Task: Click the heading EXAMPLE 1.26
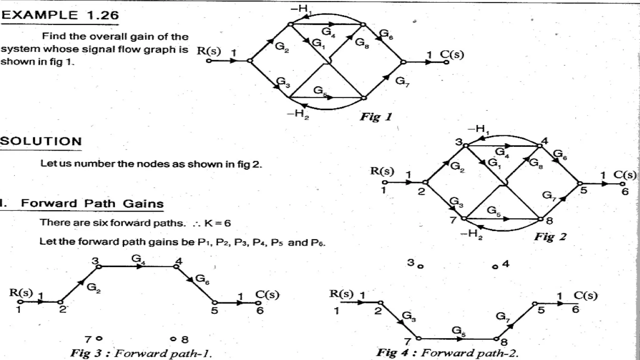click(x=60, y=15)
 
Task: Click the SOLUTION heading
click(x=41, y=142)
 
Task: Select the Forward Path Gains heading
click(x=92, y=204)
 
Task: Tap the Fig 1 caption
click(x=376, y=117)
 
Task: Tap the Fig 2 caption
click(x=550, y=237)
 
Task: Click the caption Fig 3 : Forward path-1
click(x=141, y=353)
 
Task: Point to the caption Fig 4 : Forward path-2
click(x=447, y=353)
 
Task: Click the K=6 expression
click(x=217, y=223)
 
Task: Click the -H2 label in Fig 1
click(x=298, y=114)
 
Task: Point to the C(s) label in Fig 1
click(x=452, y=54)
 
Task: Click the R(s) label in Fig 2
click(x=382, y=171)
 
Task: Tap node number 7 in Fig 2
click(x=453, y=220)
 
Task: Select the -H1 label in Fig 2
click(x=478, y=129)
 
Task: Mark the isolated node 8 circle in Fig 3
click(x=173, y=339)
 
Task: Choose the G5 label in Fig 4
click(x=458, y=331)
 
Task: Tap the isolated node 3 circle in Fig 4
click(x=421, y=267)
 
